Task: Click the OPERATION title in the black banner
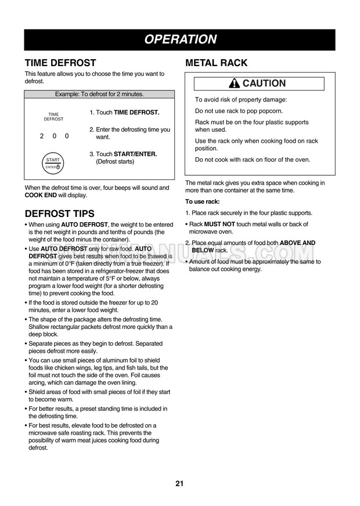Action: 179,39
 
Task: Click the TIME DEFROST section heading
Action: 60,63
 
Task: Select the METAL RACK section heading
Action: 216,63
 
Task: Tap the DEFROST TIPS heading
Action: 59,214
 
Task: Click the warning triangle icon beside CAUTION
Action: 235,84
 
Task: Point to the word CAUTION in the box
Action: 264,84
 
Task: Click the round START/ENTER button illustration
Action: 53,163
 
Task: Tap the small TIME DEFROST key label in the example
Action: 53,117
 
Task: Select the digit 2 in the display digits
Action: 42,136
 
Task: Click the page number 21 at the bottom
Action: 179,484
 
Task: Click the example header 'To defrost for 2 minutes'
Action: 99,94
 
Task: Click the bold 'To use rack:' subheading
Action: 202,202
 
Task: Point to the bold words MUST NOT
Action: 219,224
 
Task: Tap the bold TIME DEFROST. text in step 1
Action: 136,112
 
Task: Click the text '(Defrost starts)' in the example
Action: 115,161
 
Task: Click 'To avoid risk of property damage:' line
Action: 241,100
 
